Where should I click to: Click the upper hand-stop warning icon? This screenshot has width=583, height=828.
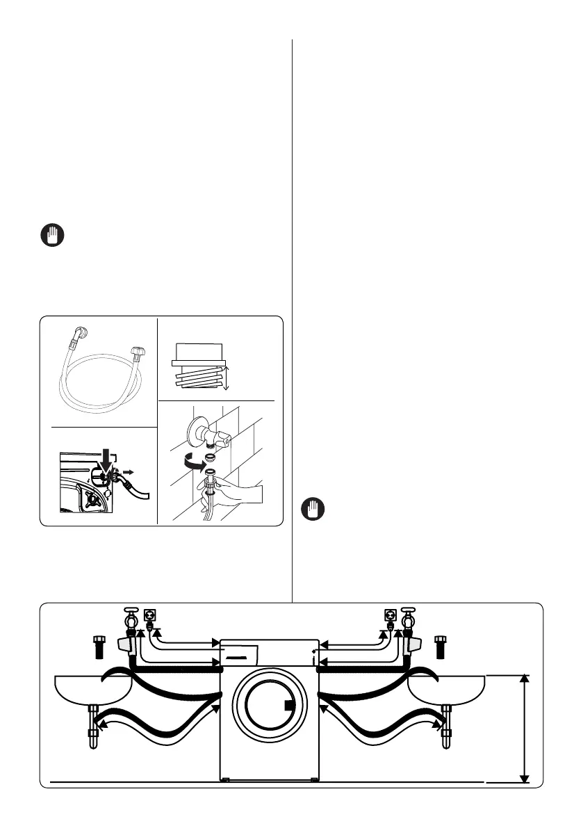pos(51,236)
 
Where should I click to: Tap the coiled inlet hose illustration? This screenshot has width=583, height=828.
pos(100,371)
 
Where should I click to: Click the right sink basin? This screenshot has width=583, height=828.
pos(447,688)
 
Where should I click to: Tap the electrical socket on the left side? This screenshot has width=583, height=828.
pos(149,615)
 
